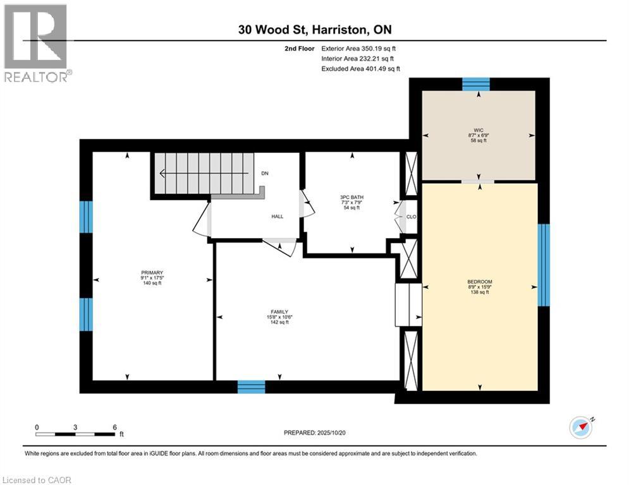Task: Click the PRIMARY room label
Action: point(152,273)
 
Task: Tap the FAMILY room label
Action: point(279,311)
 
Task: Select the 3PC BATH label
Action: point(352,197)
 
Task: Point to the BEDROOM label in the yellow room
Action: point(480,282)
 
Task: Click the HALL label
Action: point(278,217)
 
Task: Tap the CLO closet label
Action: point(411,217)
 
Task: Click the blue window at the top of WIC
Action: point(476,84)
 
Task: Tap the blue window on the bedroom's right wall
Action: point(543,265)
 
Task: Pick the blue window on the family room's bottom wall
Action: point(251,387)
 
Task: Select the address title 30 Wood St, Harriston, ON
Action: point(314,29)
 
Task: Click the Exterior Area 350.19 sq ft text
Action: point(359,48)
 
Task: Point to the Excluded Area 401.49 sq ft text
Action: point(360,68)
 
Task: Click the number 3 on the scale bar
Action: point(75,427)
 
